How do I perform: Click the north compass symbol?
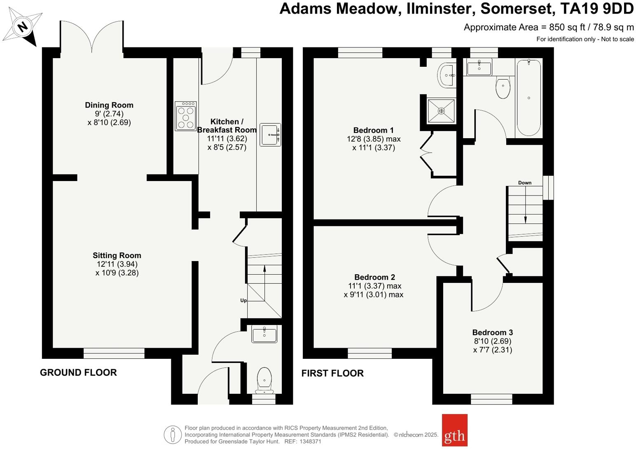[x=23, y=27]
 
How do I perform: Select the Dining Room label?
[x=109, y=105]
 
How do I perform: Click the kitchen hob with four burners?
[x=185, y=116]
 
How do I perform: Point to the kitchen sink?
[x=270, y=134]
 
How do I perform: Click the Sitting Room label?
[x=117, y=255]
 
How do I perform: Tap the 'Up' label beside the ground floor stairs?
[x=243, y=300]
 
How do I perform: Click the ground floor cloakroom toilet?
[x=264, y=380]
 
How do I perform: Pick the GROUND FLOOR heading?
[x=78, y=372]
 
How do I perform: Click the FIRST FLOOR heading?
[x=332, y=373]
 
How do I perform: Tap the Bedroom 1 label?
[x=373, y=130]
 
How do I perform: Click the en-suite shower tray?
[x=441, y=111]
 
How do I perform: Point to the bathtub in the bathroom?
[x=528, y=97]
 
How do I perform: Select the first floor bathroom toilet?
[x=503, y=87]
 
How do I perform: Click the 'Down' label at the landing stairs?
[x=525, y=183]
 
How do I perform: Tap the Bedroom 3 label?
[x=492, y=332]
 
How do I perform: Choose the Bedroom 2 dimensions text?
[x=374, y=290]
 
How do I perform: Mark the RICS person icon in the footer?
[x=173, y=435]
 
